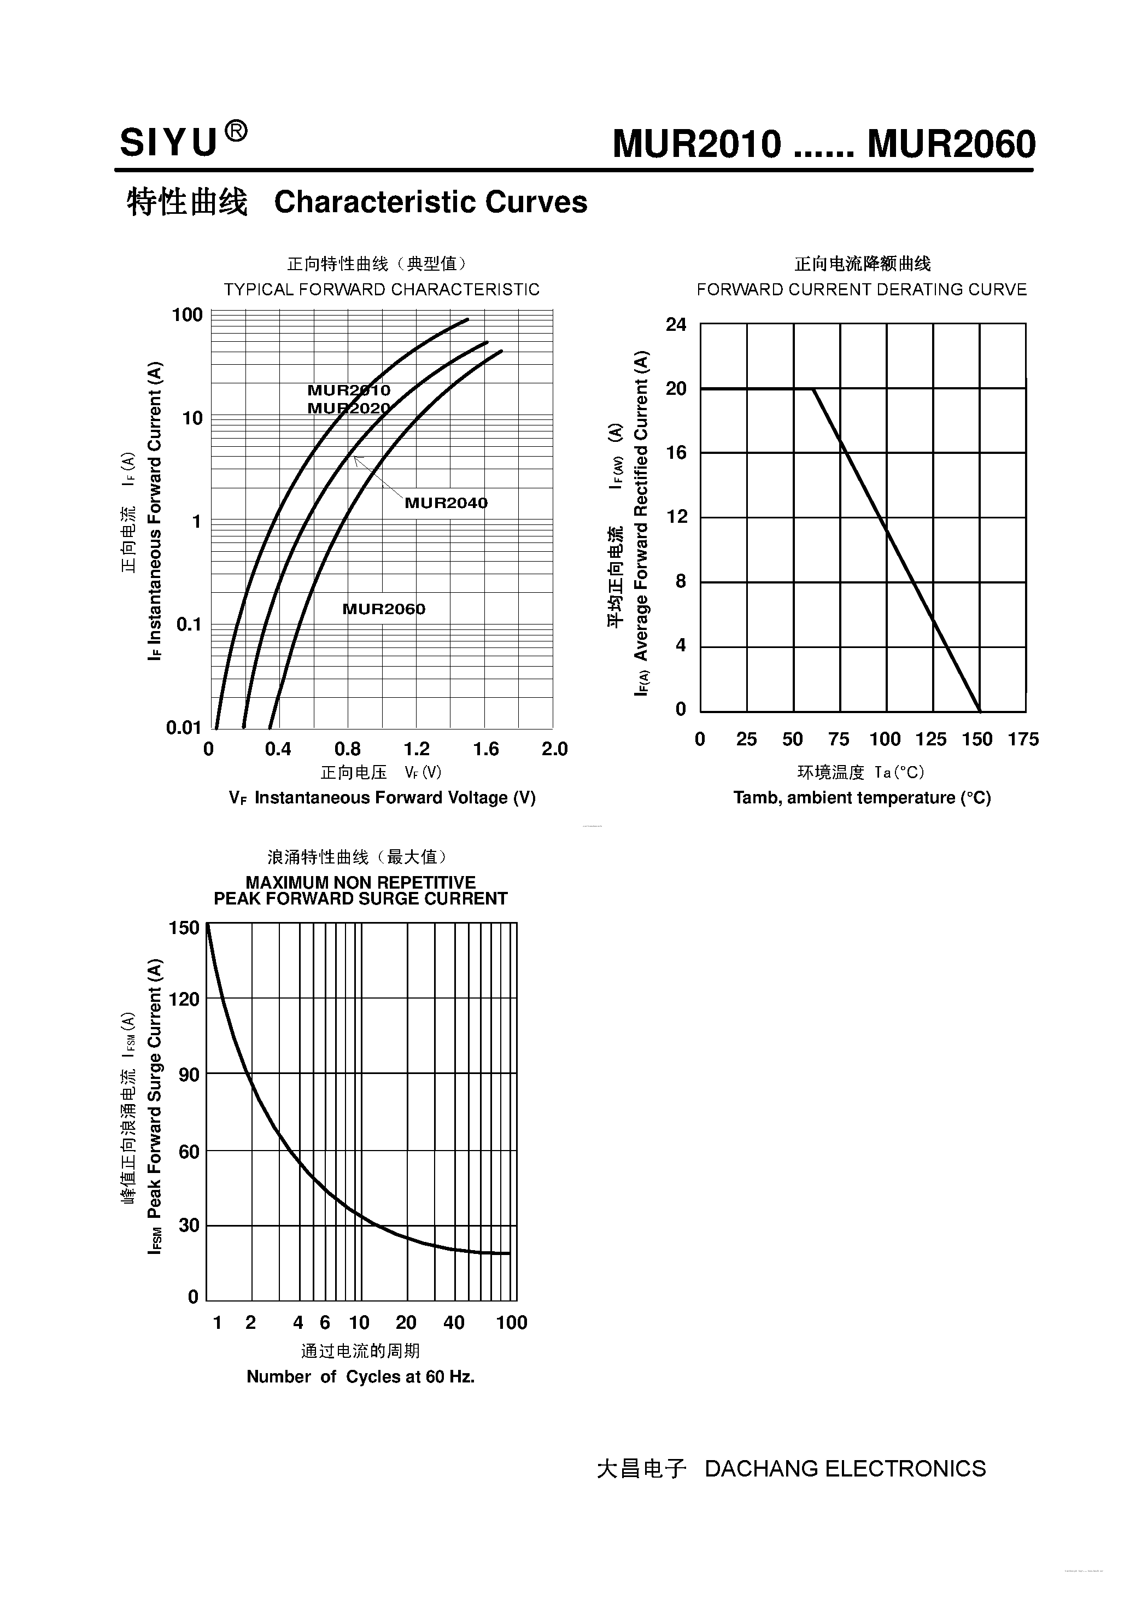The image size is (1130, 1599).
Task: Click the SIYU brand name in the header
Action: tap(168, 143)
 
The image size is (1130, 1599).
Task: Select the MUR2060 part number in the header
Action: tap(951, 145)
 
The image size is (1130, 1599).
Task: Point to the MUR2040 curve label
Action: tap(446, 503)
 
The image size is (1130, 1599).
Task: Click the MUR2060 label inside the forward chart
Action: tap(384, 609)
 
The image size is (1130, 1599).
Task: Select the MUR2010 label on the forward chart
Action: tap(349, 390)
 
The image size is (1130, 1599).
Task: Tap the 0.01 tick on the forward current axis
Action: tap(184, 728)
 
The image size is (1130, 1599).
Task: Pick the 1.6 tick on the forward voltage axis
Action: tap(485, 749)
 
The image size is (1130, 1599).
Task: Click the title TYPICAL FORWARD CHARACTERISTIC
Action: tap(382, 290)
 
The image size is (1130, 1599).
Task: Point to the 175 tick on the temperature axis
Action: tap(1023, 739)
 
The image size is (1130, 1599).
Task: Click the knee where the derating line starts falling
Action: tap(813, 389)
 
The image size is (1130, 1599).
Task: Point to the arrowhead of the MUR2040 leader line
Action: tap(355, 457)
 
